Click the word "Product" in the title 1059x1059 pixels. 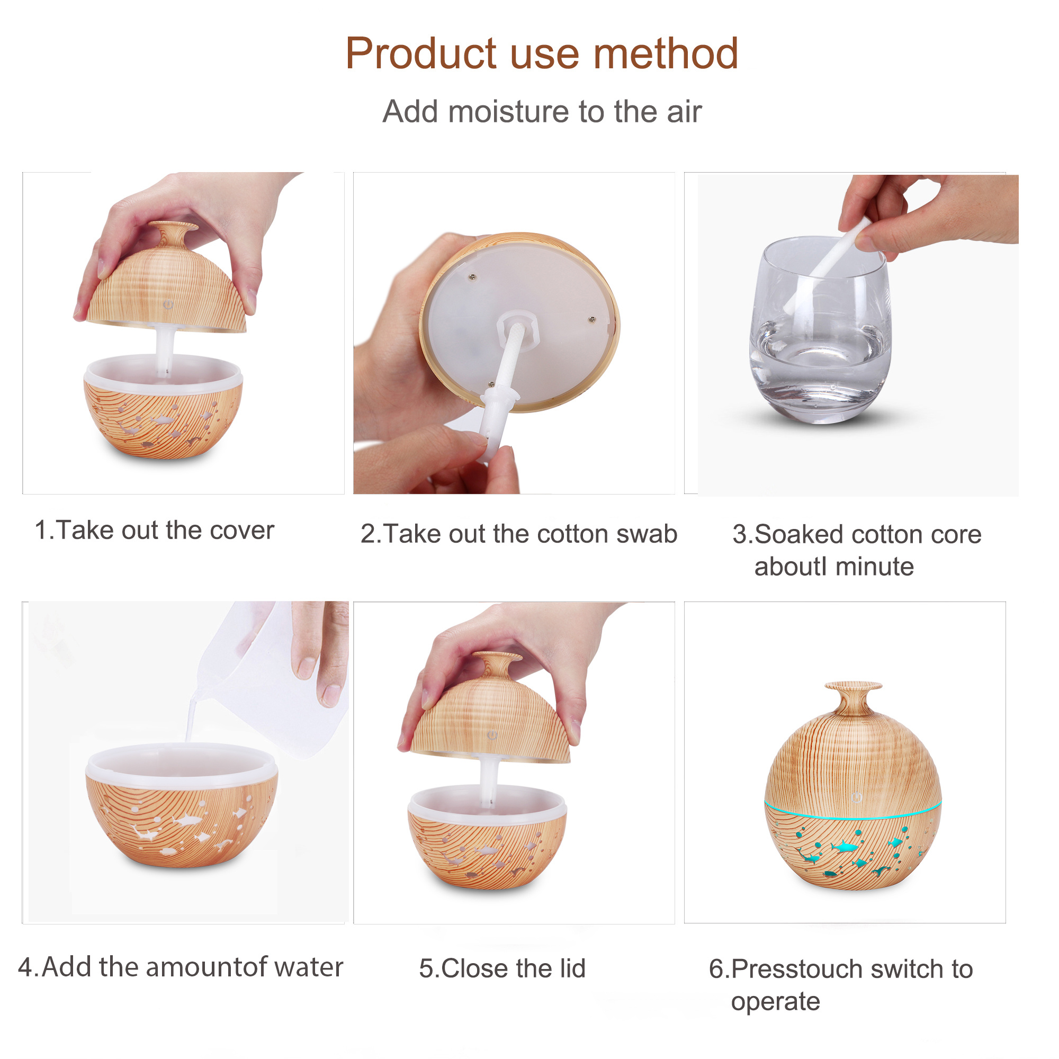(x=421, y=53)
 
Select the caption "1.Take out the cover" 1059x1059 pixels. (x=155, y=530)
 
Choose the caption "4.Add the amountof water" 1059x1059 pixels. (x=181, y=967)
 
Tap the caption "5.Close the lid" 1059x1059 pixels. (x=502, y=968)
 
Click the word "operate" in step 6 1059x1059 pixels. (x=775, y=1002)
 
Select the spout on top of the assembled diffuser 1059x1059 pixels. (x=854, y=697)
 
